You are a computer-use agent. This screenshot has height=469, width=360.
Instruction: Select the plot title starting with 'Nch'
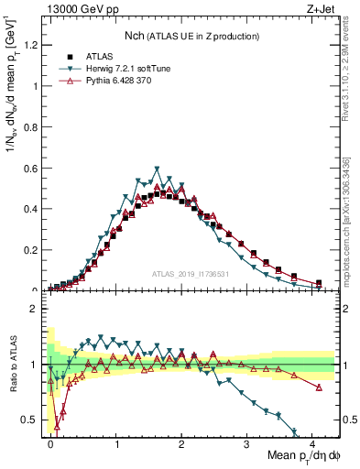(191, 36)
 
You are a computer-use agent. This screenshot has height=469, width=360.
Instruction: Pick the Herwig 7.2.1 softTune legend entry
(122, 69)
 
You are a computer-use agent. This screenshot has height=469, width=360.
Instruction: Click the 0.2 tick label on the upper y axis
(33, 250)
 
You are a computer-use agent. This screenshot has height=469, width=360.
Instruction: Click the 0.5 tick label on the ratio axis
(33, 420)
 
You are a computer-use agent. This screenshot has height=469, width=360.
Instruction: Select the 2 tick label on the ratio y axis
(37, 309)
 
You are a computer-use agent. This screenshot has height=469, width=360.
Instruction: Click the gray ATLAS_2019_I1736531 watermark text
(191, 274)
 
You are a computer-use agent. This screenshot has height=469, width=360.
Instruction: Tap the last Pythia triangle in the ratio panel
(318, 387)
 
